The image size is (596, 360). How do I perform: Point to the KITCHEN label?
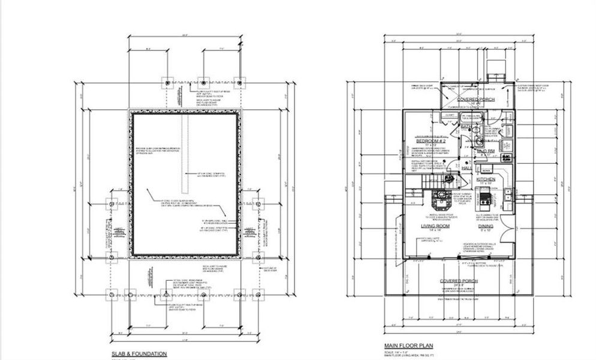tap(485, 179)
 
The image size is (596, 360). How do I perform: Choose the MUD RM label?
tap(485, 151)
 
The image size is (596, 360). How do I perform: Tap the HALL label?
tap(466, 169)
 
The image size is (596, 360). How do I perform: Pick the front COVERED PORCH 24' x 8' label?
tap(458, 281)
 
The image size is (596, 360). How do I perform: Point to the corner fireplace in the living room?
tap(441, 195)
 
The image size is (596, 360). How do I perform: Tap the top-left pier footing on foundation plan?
tap(167, 82)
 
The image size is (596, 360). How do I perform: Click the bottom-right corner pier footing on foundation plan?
tap(258, 295)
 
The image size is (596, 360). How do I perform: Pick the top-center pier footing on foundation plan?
tap(203, 82)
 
